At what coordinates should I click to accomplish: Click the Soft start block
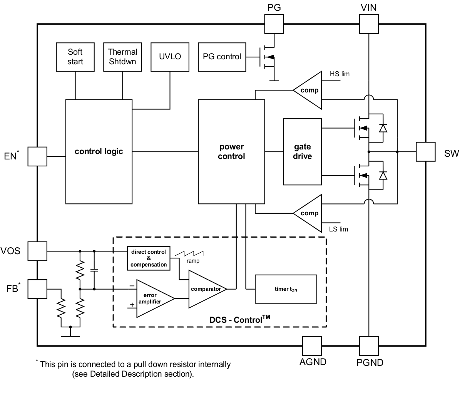(x=75, y=57)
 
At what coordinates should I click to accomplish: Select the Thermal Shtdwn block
(x=122, y=57)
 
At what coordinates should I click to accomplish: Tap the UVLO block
(x=170, y=57)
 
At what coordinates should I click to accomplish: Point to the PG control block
(x=222, y=57)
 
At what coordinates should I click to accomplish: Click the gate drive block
(x=302, y=151)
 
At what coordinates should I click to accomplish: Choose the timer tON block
(x=286, y=289)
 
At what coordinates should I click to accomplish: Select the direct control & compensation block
(x=149, y=258)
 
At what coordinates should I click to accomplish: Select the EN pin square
(x=37, y=156)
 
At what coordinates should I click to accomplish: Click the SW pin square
(x=425, y=152)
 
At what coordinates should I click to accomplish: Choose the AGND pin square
(x=312, y=346)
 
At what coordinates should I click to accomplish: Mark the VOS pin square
(x=37, y=251)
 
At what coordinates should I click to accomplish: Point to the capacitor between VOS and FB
(x=94, y=270)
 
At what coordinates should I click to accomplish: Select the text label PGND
(x=370, y=362)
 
